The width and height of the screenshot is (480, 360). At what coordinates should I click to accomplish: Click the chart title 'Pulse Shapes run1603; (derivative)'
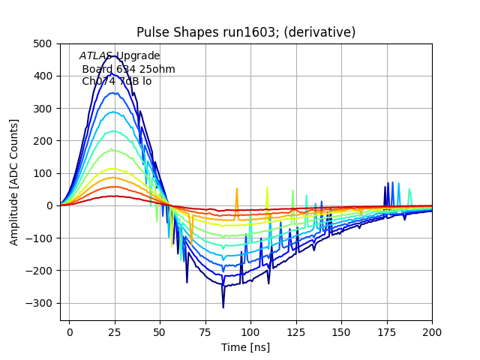[246, 32]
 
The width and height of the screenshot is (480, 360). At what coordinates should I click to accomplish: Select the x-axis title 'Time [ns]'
[245, 347]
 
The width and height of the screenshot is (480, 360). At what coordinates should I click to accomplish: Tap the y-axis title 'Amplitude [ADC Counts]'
[14, 181]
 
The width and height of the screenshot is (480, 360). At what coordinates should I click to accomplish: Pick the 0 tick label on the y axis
[49, 205]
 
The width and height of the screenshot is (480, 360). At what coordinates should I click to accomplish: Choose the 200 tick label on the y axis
[43, 140]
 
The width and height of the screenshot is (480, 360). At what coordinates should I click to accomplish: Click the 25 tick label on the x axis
[115, 331]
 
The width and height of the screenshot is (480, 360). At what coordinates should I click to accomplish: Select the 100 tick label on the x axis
[250, 331]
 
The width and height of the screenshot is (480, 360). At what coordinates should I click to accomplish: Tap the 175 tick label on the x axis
[386, 331]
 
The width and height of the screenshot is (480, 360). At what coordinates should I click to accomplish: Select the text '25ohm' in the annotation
[159, 69]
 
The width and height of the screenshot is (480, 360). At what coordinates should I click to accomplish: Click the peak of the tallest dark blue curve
[115, 55]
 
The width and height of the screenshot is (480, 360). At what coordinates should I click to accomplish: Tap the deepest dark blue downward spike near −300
[223, 307]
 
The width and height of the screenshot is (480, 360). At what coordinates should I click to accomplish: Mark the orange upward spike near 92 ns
[236, 190]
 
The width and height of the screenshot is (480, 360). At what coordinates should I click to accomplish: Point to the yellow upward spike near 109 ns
[267, 187]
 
